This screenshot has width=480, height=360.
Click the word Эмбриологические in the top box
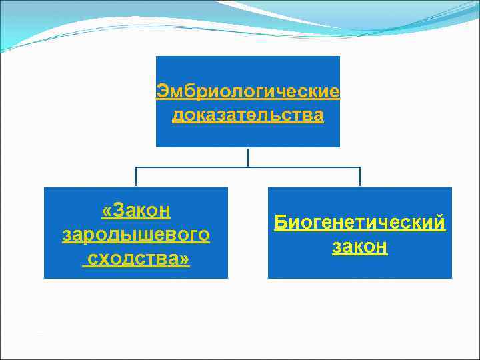(248, 91)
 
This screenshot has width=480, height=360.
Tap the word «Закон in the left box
(136, 211)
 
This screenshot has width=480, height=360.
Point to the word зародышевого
(136, 235)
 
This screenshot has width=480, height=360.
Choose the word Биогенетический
(360, 223)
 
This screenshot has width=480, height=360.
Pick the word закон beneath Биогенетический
(360, 247)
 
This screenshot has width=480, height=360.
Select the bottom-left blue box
(136, 270)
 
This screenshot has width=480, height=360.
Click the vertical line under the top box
(248, 157)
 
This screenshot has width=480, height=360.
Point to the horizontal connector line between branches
(193, 167)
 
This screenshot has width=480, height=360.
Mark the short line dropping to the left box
(136, 177)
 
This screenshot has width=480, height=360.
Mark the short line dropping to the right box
(360, 177)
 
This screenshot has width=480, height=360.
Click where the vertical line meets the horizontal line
(248, 167)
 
